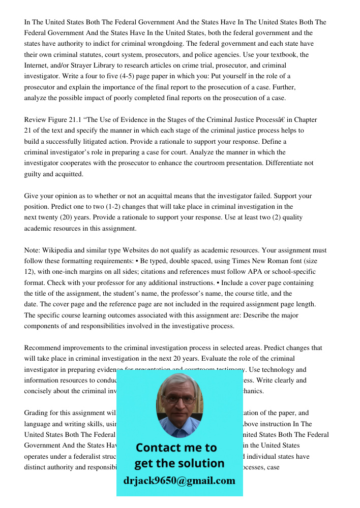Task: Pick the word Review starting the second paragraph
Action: click(x=35, y=120)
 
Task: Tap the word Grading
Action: click(x=37, y=413)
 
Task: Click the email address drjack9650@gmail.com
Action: click(x=179, y=480)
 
